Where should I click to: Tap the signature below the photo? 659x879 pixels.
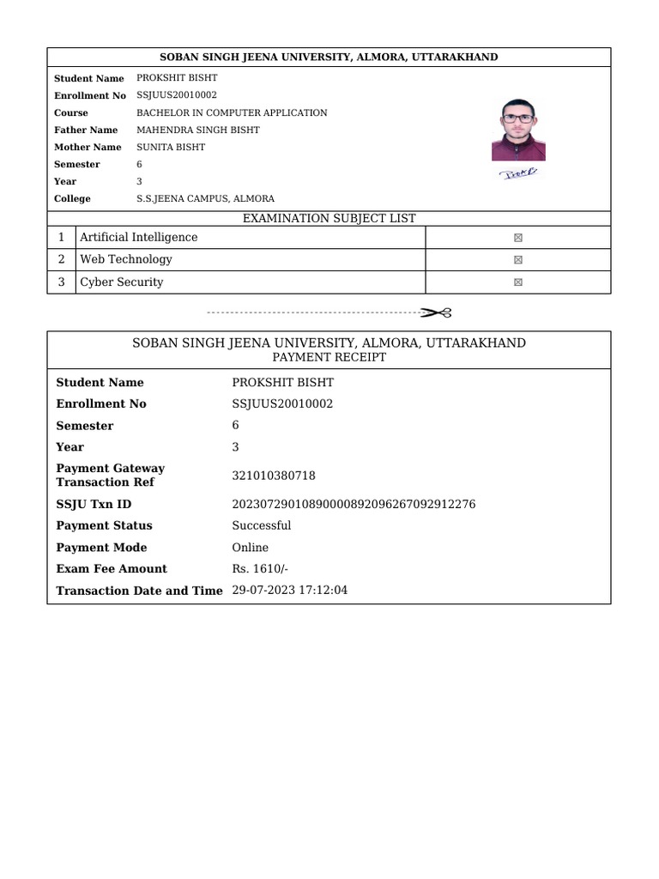click(518, 173)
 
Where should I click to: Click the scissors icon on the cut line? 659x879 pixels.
click(436, 312)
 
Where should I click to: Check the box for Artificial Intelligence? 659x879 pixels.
click(518, 238)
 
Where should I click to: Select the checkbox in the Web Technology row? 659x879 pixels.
click(518, 260)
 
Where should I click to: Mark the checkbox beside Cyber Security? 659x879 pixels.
click(518, 282)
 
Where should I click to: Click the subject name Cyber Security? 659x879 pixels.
click(121, 282)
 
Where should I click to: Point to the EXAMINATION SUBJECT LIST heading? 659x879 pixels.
click(329, 219)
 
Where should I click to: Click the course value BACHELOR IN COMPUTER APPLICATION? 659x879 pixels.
click(232, 112)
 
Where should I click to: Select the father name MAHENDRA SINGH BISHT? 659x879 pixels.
click(197, 130)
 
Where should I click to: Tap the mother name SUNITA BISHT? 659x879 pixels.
click(171, 147)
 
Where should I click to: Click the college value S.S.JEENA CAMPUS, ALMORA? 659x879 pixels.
click(205, 198)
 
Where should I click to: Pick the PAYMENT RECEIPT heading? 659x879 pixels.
click(329, 357)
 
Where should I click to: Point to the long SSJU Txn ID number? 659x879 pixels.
click(354, 504)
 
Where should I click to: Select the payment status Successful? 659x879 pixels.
click(261, 525)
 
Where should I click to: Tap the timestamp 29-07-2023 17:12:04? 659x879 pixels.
click(289, 590)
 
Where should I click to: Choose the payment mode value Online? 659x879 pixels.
click(250, 547)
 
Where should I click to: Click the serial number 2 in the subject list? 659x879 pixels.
click(61, 259)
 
